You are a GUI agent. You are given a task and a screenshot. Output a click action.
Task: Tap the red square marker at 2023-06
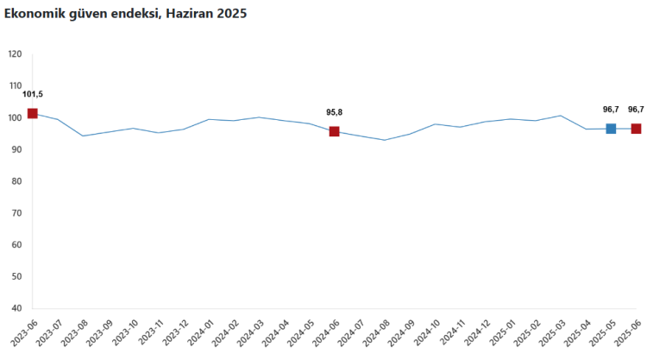(x=33, y=113)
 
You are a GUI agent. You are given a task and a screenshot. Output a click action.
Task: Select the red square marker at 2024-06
(x=334, y=131)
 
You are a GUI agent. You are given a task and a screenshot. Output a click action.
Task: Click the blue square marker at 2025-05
(x=611, y=129)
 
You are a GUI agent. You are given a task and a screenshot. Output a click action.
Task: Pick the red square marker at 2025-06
(x=636, y=129)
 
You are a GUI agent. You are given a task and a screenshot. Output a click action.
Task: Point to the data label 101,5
(x=33, y=94)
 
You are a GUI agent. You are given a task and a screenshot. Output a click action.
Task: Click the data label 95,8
(x=334, y=112)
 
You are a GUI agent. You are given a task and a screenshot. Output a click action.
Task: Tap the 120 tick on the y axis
(x=15, y=54)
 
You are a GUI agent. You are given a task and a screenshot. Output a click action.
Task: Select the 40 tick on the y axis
(x=17, y=308)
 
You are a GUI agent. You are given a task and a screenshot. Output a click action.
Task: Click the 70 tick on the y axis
(x=17, y=213)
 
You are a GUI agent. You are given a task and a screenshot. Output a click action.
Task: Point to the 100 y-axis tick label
(x=15, y=117)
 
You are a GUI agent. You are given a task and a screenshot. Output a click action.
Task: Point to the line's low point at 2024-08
(x=384, y=140)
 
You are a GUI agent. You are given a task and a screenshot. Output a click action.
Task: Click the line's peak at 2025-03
(x=561, y=116)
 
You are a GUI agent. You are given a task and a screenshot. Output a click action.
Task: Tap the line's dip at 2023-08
(x=83, y=136)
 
